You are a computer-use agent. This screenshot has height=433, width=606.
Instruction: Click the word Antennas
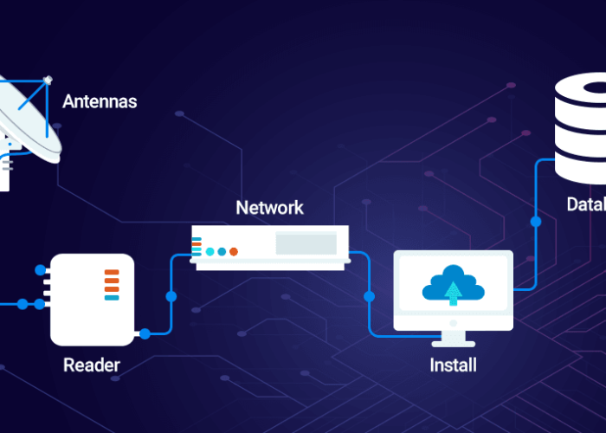(x=100, y=102)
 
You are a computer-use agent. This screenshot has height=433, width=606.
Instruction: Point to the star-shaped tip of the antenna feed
(x=48, y=80)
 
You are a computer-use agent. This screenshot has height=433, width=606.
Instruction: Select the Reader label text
(x=92, y=365)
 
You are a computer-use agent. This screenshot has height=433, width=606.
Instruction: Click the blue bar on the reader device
(x=112, y=298)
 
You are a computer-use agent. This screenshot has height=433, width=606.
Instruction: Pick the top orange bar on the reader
(x=112, y=272)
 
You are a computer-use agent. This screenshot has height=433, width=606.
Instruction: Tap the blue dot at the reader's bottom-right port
(x=145, y=333)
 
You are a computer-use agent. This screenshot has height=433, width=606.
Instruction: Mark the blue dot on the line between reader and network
(x=171, y=296)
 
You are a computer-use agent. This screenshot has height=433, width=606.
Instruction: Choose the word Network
(x=270, y=208)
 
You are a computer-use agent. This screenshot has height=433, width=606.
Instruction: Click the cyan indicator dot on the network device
(x=210, y=252)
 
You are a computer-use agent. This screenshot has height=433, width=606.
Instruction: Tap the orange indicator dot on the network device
(x=234, y=252)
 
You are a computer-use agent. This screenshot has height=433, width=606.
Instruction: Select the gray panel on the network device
(x=306, y=243)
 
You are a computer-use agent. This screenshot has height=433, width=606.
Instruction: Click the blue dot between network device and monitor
(x=370, y=296)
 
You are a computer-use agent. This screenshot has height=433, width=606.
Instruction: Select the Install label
(x=453, y=365)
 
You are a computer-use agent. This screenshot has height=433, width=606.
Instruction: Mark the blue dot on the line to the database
(x=536, y=222)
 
